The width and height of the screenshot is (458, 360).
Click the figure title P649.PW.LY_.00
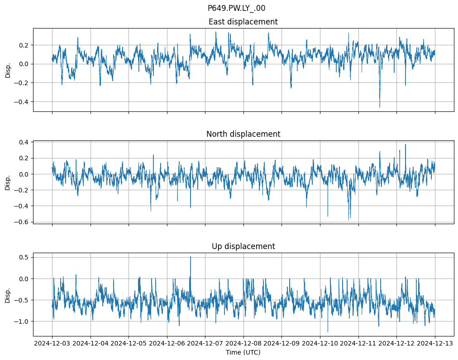[236, 8]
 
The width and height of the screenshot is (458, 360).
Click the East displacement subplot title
[243, 22]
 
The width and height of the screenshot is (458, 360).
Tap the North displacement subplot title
[243, 134]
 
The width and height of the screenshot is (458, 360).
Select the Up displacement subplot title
[243, 246]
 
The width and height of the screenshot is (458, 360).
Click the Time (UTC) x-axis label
[243, 352]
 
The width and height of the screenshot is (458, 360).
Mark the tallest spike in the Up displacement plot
[191, 257]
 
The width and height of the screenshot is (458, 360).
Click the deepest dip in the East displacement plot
[380, 107]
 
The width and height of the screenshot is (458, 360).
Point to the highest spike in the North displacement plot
[405, 144]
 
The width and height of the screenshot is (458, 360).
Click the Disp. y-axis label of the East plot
[8, 70]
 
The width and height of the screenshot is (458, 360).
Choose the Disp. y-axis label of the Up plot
[8, 294]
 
